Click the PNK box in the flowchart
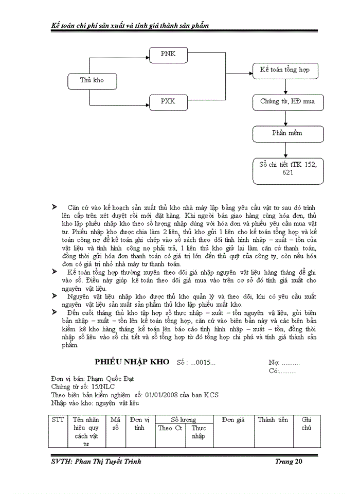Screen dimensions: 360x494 (168, 54)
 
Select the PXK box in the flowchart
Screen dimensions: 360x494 (168, 101)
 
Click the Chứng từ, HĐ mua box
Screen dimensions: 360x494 (287, 101)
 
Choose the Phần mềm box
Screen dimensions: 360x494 (287, 133)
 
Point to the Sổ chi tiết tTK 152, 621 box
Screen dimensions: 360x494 (287, 169)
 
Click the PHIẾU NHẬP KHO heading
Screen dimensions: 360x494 (132, 362)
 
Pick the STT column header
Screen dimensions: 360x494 (58, 420)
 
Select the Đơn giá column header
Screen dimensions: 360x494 (233, 420)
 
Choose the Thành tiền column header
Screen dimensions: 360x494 (273, 420)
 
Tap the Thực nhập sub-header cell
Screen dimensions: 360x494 (199, 432)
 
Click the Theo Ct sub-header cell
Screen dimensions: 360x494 (170, 428)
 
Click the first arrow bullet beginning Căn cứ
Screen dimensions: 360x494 (55, 206)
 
